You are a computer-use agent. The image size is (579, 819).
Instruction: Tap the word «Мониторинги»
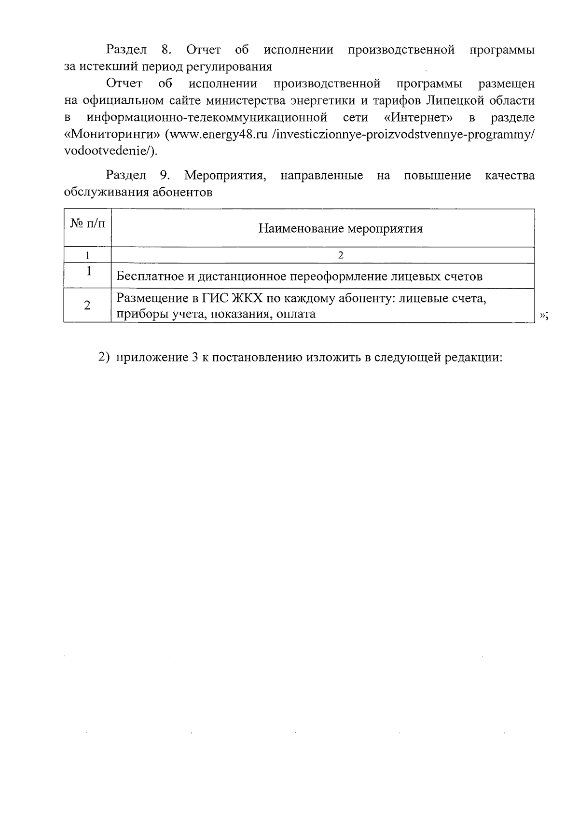pos(112,135)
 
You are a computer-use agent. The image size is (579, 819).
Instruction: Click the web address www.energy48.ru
pos(217,135)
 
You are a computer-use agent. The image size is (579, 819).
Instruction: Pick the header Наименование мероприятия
pos(341,228)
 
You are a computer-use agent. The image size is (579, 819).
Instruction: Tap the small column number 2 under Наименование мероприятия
pos(341,255)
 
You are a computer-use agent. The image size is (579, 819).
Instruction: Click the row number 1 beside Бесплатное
pos(89,272)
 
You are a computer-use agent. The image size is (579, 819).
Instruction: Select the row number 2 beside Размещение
pos(87,305)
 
